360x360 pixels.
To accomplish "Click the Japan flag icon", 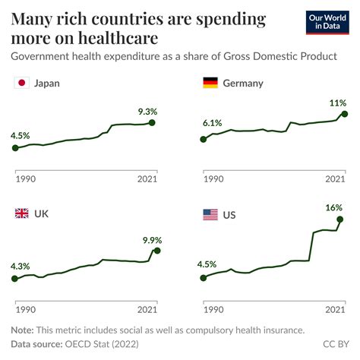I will click(22, 83).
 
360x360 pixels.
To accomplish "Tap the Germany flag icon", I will click(210, 83).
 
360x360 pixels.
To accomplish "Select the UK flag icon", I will click(22, 214).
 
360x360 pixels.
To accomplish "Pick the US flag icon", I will click(210, 215).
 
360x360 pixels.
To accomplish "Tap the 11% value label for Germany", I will click(337, 102).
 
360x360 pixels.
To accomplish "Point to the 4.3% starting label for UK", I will click(21, 266).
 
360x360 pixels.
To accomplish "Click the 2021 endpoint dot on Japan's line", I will click(153, 122).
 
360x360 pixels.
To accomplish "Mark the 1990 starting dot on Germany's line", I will click(203, 139).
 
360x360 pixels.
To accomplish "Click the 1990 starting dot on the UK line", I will click(15, 279).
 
